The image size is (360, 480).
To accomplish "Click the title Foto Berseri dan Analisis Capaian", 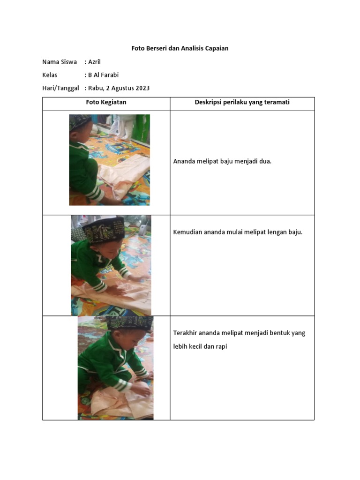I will point(180,48).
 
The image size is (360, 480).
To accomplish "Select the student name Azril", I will point(94,62).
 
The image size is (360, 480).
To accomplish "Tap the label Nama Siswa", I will point(60,62).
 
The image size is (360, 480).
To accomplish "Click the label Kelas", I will point(50,75).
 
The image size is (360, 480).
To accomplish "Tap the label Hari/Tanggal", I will point(60,88).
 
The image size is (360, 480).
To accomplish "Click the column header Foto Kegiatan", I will point(106,102).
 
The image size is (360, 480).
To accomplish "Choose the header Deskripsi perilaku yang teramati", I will point(242,102).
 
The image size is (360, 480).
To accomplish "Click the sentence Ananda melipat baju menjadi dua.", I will point(222,161).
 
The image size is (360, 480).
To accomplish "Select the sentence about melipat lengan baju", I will point(238,232).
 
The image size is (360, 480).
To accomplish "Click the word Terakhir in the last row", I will point(185,333).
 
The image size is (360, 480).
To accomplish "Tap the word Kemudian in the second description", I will point(187,232).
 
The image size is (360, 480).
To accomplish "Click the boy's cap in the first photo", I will point(80,122).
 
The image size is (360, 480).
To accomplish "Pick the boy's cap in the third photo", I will point(135,323).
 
